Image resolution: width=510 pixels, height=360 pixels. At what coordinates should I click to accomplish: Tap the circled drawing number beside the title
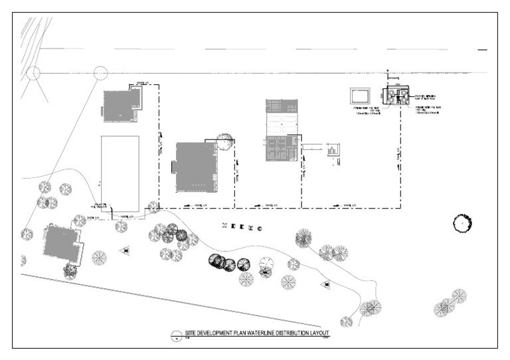point(176,335)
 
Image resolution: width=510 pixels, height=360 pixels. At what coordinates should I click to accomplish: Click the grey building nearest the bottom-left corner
point(62,243)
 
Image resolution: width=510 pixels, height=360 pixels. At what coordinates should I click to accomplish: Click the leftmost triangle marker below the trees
point(125,250)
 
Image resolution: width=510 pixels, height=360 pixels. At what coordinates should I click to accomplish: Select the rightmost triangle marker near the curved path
point(327,285)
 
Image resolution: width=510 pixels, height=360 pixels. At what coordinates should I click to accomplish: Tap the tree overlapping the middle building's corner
point(224,141)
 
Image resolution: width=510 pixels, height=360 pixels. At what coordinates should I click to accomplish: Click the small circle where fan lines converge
point(35,72)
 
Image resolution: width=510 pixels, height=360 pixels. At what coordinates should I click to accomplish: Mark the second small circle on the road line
point(101,72)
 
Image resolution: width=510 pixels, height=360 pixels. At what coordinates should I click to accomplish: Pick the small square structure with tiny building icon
point(334,150)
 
